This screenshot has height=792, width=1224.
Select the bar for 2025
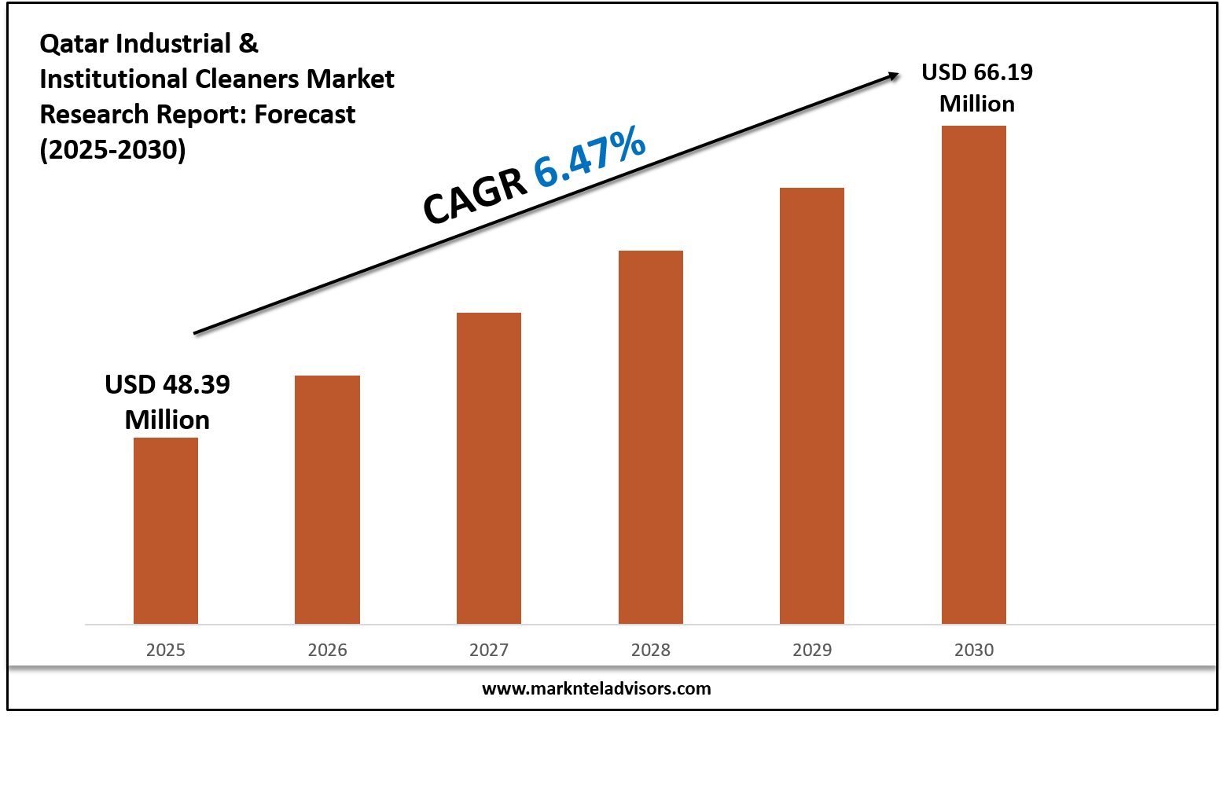click(x=166, y=530)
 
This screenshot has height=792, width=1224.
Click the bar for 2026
click(x=327, y=500)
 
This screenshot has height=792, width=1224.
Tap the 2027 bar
click(x=489, y=468)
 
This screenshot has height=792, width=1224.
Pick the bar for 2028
click(x=651, y=437)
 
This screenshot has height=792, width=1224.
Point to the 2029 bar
click(x=812, y=405)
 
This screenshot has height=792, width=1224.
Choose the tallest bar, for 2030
click(x=974, y=375)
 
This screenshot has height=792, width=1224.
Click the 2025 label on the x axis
click(x=166, y=650)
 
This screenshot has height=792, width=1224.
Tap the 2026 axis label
click(x=327, y=650)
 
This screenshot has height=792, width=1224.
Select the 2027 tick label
click(x=489, y=650)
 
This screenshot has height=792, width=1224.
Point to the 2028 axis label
click(x=651, y=650)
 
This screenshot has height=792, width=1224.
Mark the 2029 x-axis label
click(x=812, y=650)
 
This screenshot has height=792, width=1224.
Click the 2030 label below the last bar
click(x=974, y=650)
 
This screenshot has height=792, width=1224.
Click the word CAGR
click(x=475, y=196)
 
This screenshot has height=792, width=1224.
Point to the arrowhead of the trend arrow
click(x=894, y=75)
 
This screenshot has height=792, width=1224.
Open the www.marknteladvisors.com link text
click(x=596, y=689)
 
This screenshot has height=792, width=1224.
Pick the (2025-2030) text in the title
click(x=112, y=149)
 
